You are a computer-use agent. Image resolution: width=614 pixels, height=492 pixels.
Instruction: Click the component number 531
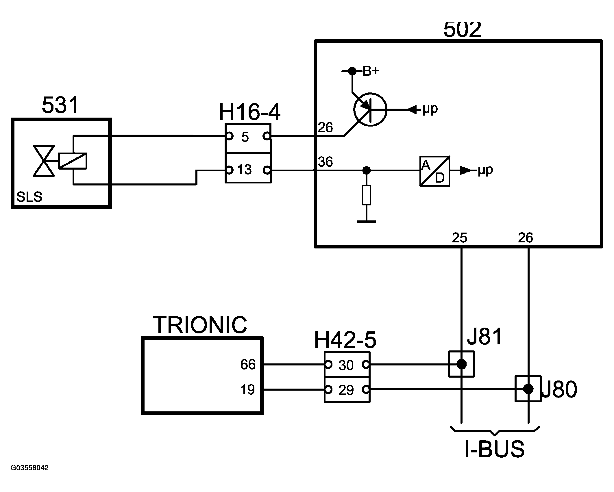[x=60, y=105]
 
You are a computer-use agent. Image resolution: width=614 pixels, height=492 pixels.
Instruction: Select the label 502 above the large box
[x=462, y=30]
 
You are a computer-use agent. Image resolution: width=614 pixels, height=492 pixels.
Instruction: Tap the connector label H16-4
[x=249, y=112]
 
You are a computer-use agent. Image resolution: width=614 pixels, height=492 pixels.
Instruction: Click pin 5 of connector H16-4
[x=245, y=137]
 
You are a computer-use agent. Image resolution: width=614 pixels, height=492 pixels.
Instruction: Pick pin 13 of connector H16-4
[x=245, y=170]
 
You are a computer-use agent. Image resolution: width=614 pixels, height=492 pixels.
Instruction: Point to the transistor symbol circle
[x=370, y=109]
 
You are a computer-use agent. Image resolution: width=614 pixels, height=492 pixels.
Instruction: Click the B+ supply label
[x=371, y=71]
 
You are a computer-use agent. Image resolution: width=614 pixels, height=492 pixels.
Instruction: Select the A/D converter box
[x=434, y=171]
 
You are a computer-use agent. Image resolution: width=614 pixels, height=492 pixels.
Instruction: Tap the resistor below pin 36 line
[x=367, y=195]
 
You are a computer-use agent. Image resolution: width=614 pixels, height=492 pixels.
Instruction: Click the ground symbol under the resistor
[x=367, y=222]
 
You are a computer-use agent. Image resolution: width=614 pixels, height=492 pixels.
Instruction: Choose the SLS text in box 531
[x=29, y=197]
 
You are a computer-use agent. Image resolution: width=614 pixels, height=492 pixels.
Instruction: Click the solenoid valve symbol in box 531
[x=44, y=161]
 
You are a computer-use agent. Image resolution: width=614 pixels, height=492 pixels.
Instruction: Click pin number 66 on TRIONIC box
[x=248, y=365]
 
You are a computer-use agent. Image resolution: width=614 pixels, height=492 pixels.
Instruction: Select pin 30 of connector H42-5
[x=346, y=365]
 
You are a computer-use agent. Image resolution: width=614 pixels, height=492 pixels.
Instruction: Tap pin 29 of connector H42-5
[x=346, y=390]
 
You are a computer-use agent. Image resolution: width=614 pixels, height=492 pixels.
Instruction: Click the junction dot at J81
[x=461, y=364]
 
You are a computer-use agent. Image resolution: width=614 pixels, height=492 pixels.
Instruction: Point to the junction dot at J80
[x=528, y=389]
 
